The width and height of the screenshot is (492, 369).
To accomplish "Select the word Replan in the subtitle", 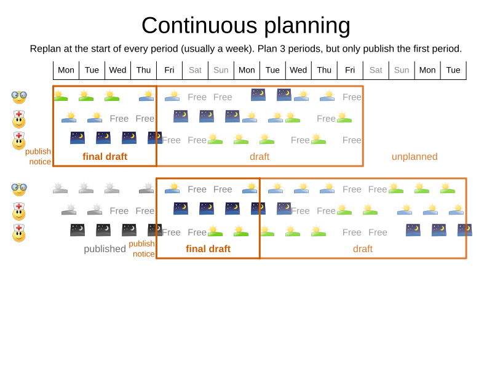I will [x=46, y=49].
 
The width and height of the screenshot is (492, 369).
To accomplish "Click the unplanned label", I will [x=415, y=157].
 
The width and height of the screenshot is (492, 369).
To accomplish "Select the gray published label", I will [x=105, y=249].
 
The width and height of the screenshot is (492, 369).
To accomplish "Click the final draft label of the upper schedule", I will [x=105, y=157].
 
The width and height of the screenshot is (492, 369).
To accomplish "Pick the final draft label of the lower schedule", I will [x=208, y=249].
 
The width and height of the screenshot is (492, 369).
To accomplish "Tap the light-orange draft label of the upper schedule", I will [x=260, y=157].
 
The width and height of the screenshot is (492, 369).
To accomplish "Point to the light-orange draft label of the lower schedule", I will [x=363, y=249].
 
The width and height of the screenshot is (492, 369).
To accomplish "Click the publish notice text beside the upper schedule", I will [x=38, y=156].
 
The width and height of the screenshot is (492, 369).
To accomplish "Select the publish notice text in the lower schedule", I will [x=142, y=248].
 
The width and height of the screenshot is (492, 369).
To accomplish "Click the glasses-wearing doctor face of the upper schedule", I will [x=19, y=97].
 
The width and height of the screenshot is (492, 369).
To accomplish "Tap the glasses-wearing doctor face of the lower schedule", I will [x=19, y=189].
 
